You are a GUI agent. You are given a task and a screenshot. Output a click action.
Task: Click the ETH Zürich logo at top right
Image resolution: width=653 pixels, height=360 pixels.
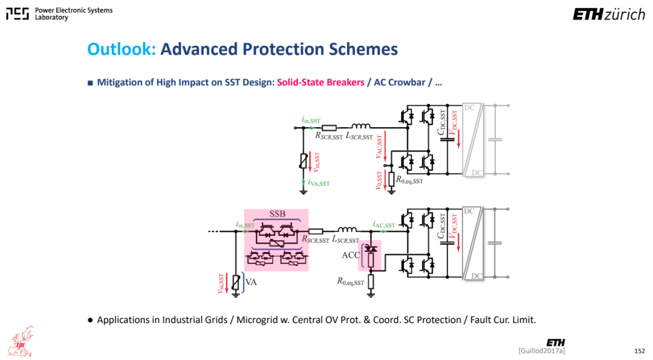(x=609, y=15)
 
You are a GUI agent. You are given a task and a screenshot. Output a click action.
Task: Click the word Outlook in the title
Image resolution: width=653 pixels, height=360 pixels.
(x=121, y=49)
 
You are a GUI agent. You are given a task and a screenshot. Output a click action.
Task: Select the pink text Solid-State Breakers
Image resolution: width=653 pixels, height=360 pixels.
(x=320, y=82)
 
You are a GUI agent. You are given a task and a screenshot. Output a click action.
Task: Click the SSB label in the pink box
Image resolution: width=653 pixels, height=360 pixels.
(x=278, y=214)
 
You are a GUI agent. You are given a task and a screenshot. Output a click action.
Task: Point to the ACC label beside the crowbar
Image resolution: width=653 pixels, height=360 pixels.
(x=351, y=255)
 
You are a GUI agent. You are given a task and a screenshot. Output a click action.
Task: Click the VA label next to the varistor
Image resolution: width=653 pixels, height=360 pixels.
(x=251, y=282)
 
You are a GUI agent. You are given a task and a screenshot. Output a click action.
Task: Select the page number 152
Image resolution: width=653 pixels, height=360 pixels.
(x=640, y=352)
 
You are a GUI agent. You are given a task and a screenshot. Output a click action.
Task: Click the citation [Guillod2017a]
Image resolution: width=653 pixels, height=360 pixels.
(x=542, y=351)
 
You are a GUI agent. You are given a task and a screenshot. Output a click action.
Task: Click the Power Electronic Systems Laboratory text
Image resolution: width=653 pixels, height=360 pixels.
(x=74, y=14)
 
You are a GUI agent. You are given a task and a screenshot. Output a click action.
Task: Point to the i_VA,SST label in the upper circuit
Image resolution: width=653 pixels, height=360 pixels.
(x=319, y=183)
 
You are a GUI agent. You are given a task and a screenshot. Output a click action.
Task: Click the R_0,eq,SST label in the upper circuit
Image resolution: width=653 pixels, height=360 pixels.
(x=409, y=180)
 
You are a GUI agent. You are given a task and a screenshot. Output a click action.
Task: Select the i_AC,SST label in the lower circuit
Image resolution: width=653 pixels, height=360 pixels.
(x=384, y=224)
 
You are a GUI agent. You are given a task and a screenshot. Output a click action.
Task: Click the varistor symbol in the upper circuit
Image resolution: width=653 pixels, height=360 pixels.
(x=304, y=161)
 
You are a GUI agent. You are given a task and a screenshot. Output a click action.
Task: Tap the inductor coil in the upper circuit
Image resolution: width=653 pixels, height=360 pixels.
(x=360, y=126)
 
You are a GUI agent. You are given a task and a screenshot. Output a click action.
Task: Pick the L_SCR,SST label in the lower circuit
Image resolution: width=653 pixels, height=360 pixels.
(x=346, y=240)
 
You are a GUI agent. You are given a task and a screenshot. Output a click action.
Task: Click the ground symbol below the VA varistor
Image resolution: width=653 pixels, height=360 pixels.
(x=236, y=295)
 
